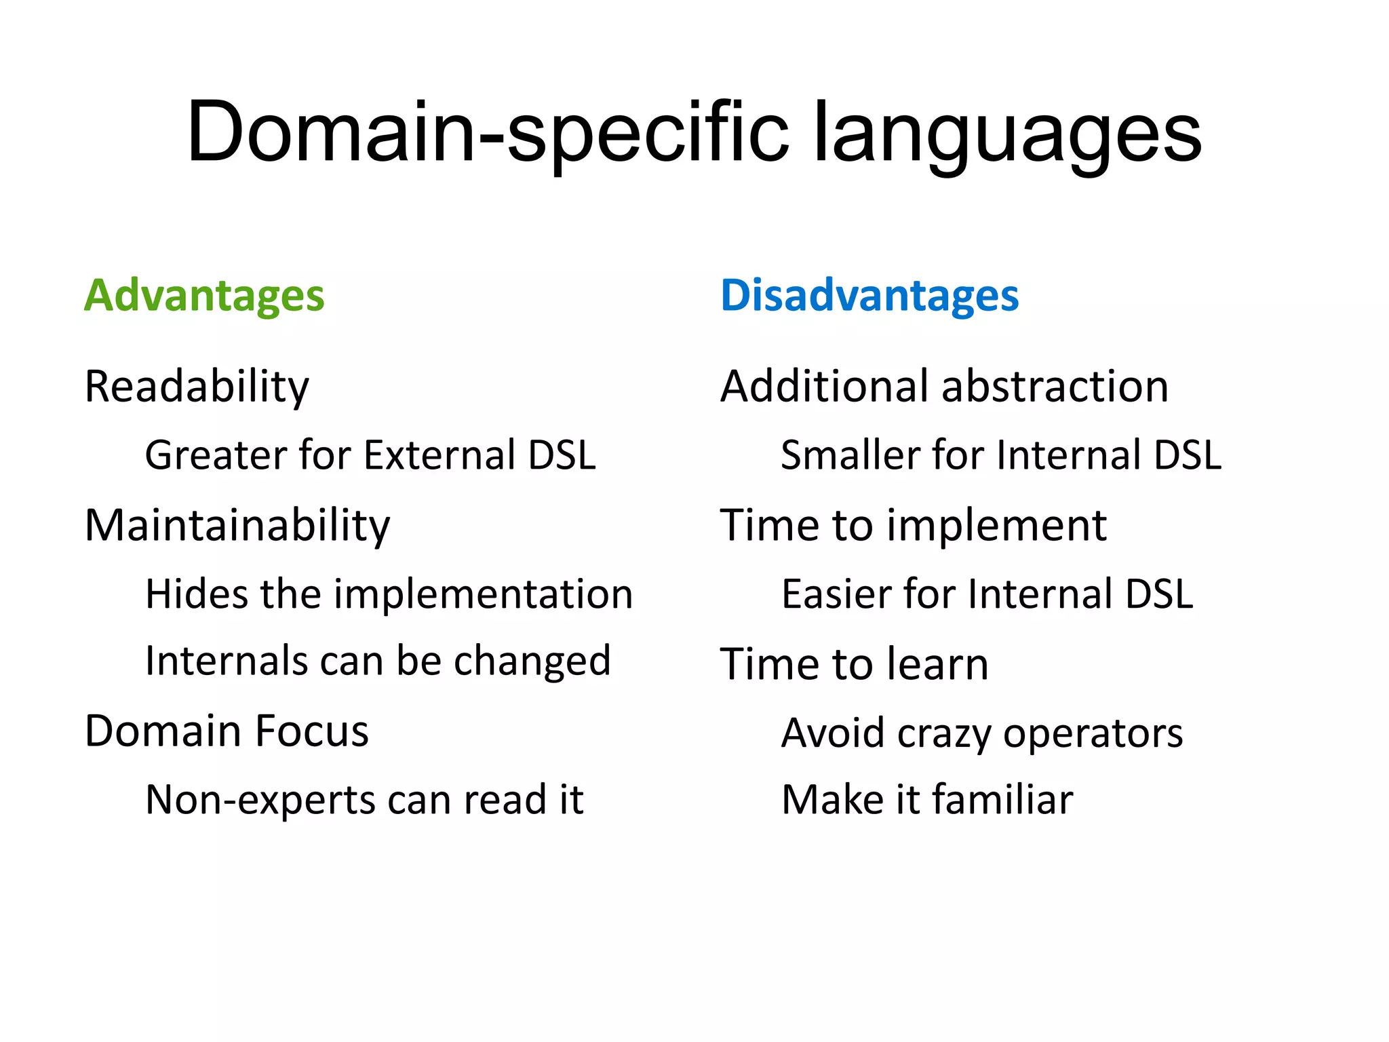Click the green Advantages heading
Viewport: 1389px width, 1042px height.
[x=204, y=296]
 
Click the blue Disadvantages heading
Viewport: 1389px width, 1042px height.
[x=869, y=296]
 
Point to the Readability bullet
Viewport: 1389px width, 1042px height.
[x=197, y=387]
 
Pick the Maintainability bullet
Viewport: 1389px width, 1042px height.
[x=237, y=526]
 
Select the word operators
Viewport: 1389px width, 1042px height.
[x=1093, y=734]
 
